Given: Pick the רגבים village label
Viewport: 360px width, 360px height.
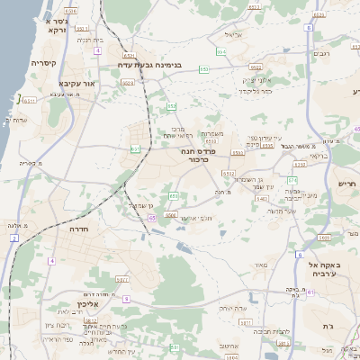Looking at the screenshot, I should [320, 55].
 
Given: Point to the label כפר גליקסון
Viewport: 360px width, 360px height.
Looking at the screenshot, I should [254, 90].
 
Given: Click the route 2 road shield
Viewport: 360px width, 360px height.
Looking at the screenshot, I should [14, 238].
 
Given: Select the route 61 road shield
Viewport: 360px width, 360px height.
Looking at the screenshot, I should [310, 293].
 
